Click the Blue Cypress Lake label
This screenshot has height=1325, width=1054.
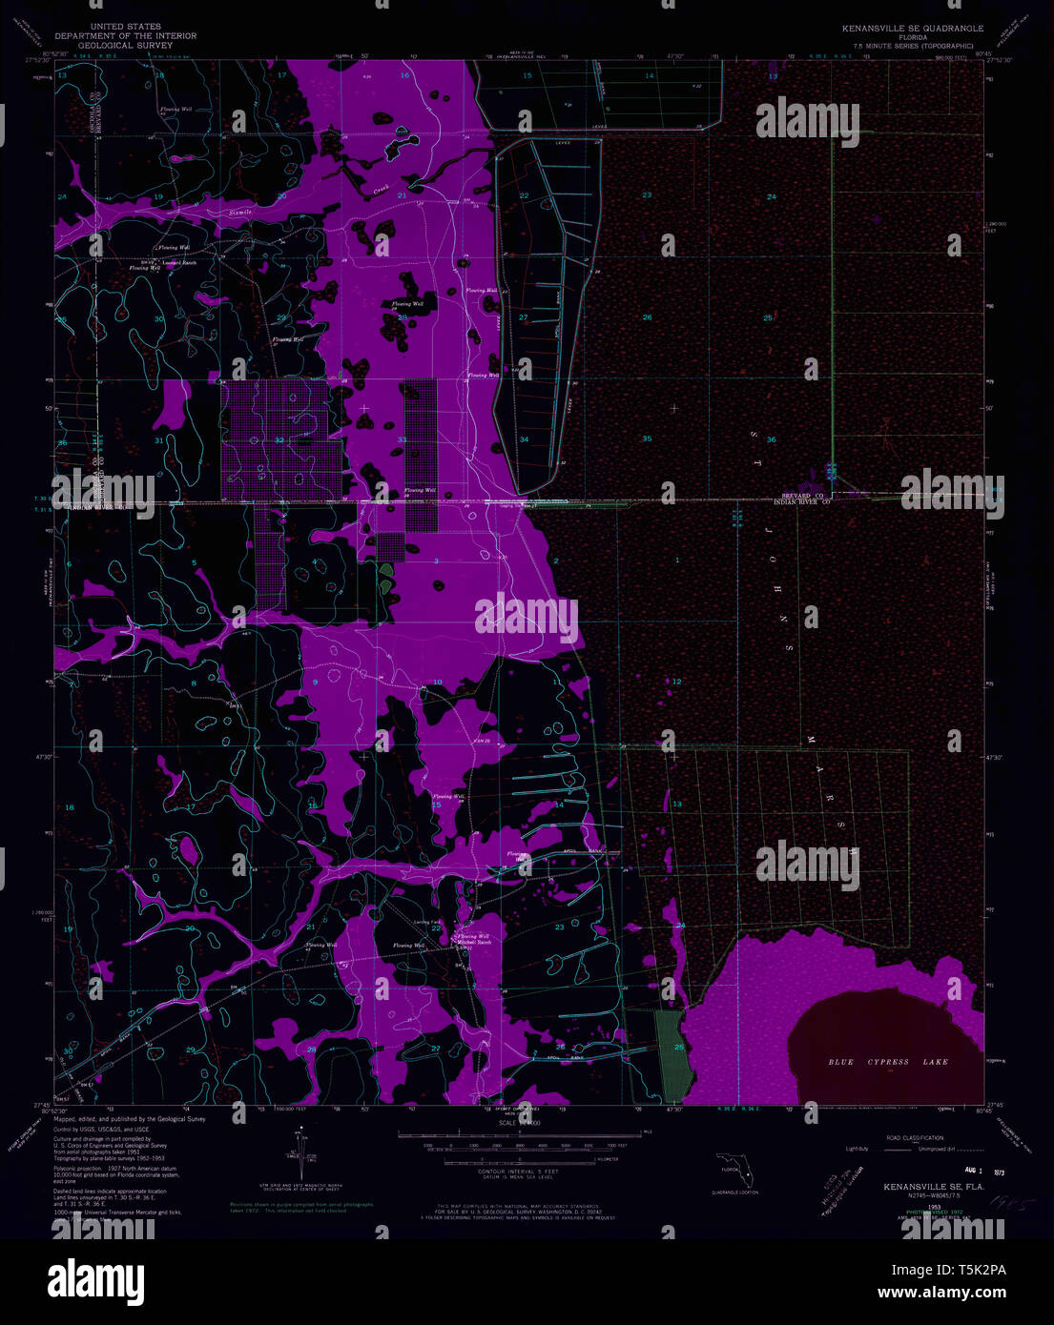click(x=888, y=1062)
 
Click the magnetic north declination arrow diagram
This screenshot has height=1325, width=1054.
click(x=301, y=1153)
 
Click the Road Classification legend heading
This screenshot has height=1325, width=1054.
click(x=915, y=1138)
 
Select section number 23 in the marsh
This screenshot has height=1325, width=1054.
click(x=647, y=195)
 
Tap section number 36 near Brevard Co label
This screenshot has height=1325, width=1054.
click(x=771, y=439)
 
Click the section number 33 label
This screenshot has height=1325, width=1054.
click(x=402, y=439)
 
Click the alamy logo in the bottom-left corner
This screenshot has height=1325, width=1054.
click(x=95, y=1279)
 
